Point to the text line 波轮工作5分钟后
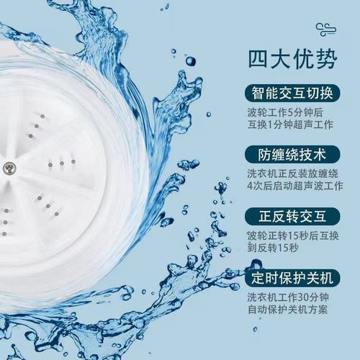click(x=286, y=113)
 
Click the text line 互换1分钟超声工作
click(x=292, y=127)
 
